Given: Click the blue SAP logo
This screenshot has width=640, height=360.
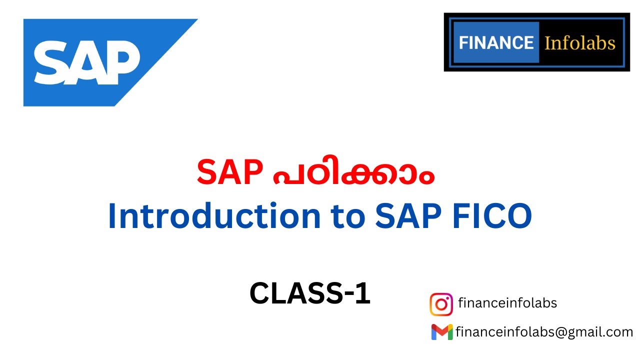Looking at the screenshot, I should [x=100, y=62].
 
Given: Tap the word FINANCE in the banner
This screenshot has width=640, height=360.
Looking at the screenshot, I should [x=496, y=42].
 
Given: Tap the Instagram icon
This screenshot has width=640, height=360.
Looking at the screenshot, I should [x=441, y=304].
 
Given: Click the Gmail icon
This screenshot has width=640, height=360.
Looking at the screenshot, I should [x=442, y=332].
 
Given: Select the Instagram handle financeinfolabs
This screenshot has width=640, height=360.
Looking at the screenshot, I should [x=507, y=303].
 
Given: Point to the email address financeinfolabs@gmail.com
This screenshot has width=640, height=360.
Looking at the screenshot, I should [x=544, y=332].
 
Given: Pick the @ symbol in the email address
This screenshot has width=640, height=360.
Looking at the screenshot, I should [x=560, y=332].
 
